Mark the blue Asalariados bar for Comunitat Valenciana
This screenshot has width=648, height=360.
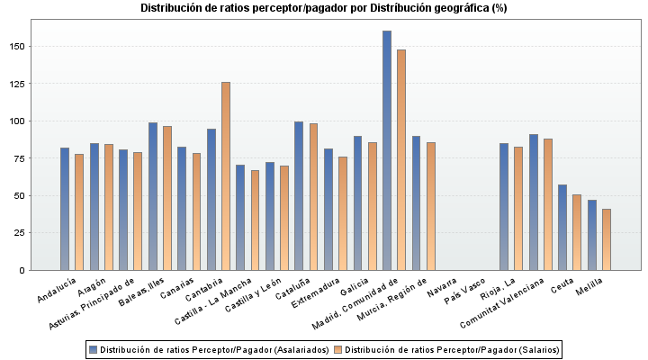click(534, 202)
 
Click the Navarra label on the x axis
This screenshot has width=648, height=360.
click(442, 291)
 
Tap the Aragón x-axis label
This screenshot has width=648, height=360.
click(92, 290)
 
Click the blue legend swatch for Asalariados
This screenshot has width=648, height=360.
click(93, 348)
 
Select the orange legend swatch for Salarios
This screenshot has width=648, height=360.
click(337, 348)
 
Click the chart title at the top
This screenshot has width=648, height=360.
click(324, 8)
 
